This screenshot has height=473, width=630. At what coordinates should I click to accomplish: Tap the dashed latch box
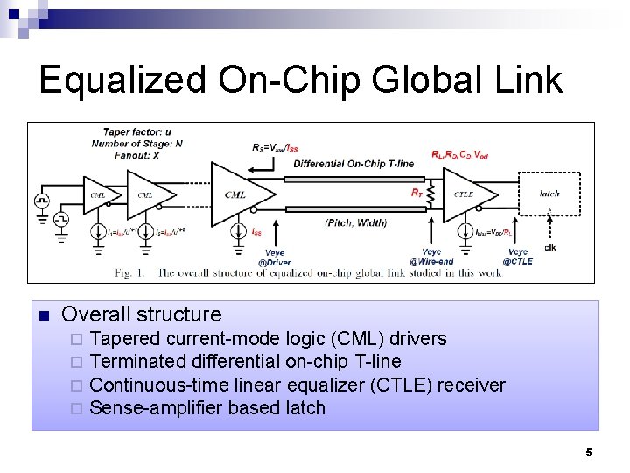click(549, 194)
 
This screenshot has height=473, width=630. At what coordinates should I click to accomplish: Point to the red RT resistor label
click(416, 192)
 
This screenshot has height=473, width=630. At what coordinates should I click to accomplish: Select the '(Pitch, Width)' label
click(355, 223)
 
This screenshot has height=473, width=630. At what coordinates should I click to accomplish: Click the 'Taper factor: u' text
click(137, 132)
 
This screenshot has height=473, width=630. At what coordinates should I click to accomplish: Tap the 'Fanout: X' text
click(131, 155)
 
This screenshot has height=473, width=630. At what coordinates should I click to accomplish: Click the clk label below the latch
click(549, 247)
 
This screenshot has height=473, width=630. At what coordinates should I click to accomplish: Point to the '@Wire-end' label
click(431, 261)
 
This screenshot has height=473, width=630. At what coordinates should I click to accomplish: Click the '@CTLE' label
click(517, 261)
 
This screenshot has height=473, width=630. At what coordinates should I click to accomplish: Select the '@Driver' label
click(274, 262)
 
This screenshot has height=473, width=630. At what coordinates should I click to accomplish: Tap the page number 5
click(589, 452)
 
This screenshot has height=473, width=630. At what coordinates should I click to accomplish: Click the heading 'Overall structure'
click(142, 314)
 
